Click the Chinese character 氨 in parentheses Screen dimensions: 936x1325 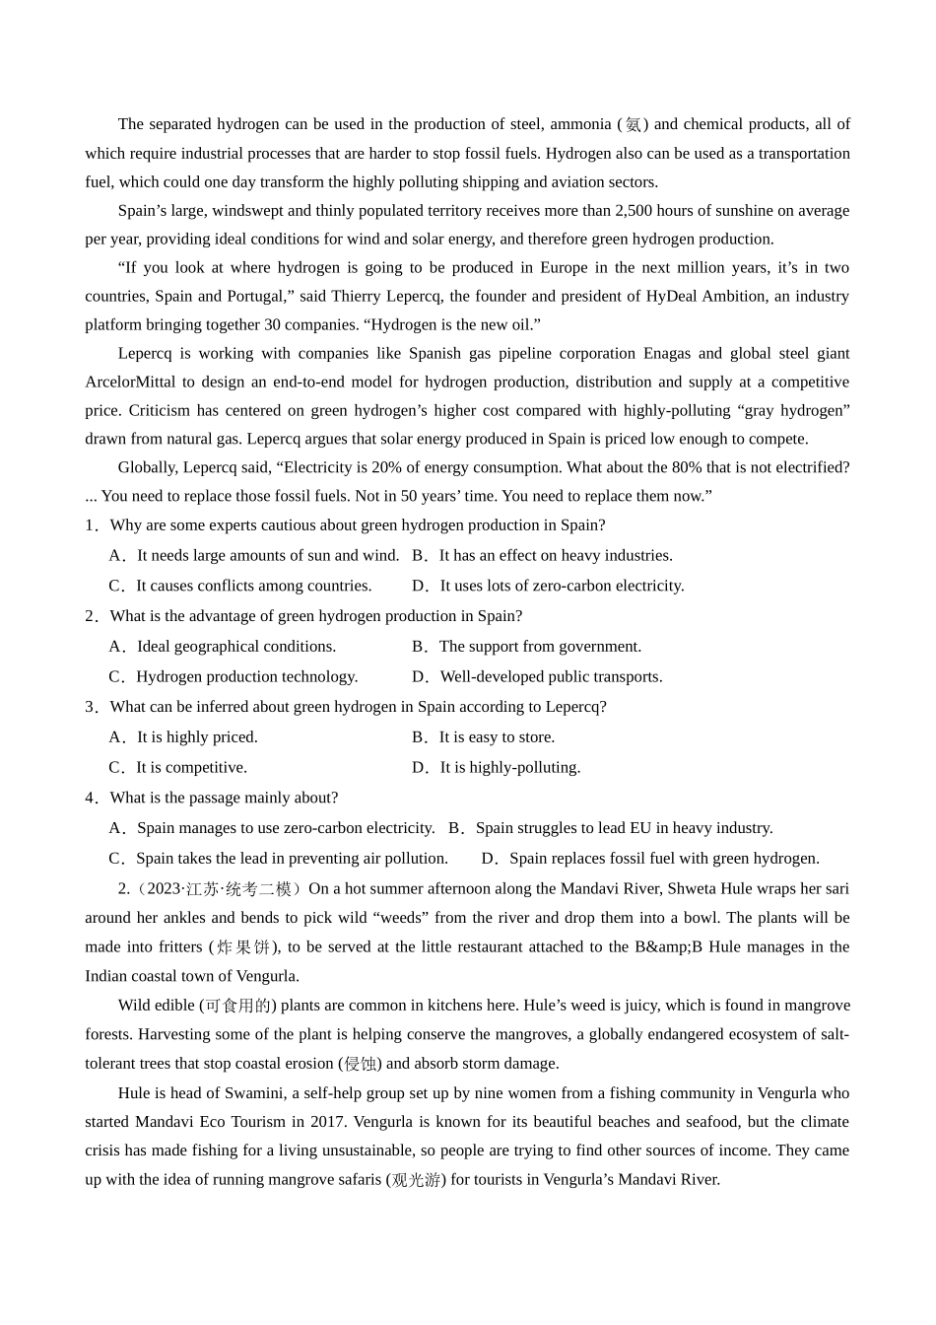634,124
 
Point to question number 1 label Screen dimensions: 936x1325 92,525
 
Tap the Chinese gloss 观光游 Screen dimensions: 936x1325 416,1180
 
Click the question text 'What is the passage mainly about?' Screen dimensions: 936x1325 224,798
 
